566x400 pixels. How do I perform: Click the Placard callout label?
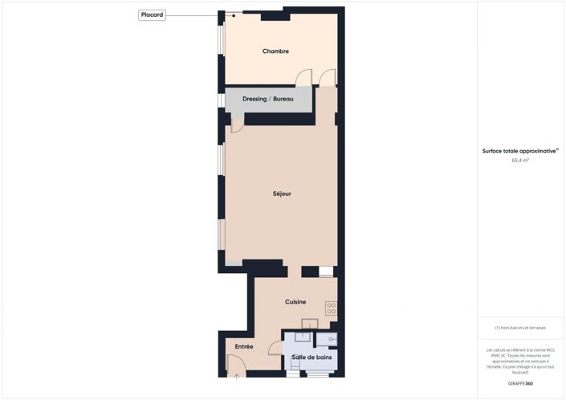coord(153,14)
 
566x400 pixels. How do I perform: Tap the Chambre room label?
coord(275,51)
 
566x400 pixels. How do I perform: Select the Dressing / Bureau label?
coord(268,99)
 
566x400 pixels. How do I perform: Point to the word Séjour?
coord(281,194)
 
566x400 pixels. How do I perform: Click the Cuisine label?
coord(295,302)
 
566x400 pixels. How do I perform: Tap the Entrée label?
coord(244,347)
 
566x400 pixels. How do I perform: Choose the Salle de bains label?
coord(312,357)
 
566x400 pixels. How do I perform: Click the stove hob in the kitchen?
coord(331,308)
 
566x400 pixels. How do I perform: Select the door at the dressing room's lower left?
coord(238,124)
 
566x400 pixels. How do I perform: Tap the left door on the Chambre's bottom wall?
coord(303,77)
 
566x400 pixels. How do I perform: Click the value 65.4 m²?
coord(520,161)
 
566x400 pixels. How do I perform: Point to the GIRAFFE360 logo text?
coord(520,384)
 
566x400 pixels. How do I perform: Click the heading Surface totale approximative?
coord(519,150)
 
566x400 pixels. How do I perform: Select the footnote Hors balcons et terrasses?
coord(520,328)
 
